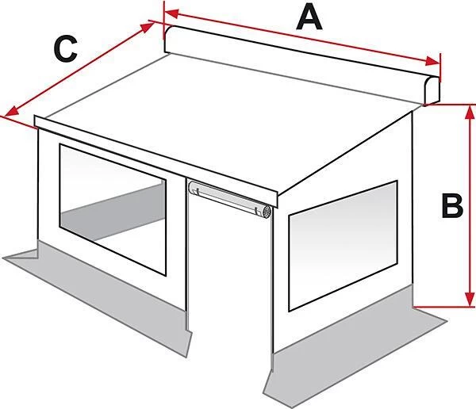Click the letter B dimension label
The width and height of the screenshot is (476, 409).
(x=452, y=205)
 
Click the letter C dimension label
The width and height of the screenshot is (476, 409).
(x=65, y=48)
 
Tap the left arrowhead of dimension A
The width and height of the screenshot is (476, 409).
(x=171, y=13)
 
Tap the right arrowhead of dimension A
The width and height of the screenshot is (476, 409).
(x=432, y=61)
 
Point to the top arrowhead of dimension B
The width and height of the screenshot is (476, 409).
(x=470, y=113)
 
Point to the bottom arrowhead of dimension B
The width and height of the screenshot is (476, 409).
(x=470, y=299)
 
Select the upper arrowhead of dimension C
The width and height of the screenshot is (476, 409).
(x=148, y=27)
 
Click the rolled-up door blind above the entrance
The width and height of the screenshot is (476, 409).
(x=230, y=199)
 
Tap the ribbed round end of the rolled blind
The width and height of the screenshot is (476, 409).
(x=267, y=212)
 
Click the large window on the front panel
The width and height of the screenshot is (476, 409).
(x=113, y=210)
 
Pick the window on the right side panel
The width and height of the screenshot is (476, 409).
(x=343, y=246)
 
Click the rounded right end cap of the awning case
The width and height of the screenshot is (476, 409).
(x=431, y=90)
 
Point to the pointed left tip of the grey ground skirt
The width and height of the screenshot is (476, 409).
(x=4, y=258)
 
